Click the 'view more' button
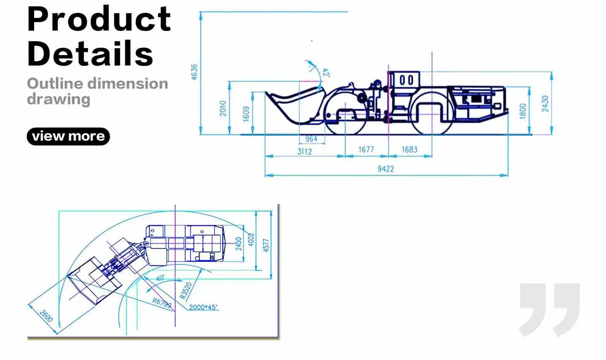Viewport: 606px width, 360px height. pos(68,136)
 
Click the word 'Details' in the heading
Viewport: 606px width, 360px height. pos(90,53)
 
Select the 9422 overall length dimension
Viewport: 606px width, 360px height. pos(385,169)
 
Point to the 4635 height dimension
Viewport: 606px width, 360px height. pos(194,72)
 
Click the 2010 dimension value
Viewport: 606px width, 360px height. pos(223,108)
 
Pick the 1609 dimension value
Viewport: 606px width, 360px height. pos(246,114)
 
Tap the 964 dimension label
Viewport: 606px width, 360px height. pos(311,139)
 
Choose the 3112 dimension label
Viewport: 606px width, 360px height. pos(304,151)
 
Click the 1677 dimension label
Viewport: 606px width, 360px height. pos(366,150)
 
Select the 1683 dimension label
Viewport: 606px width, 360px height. pos(409,150)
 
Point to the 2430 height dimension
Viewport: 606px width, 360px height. pos(545,104)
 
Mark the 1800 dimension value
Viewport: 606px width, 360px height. pos(523,111)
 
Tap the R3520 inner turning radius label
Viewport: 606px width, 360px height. pos(186,290)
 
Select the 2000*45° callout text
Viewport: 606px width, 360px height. pos(203,307)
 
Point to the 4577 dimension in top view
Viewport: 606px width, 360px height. pos(266,245)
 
